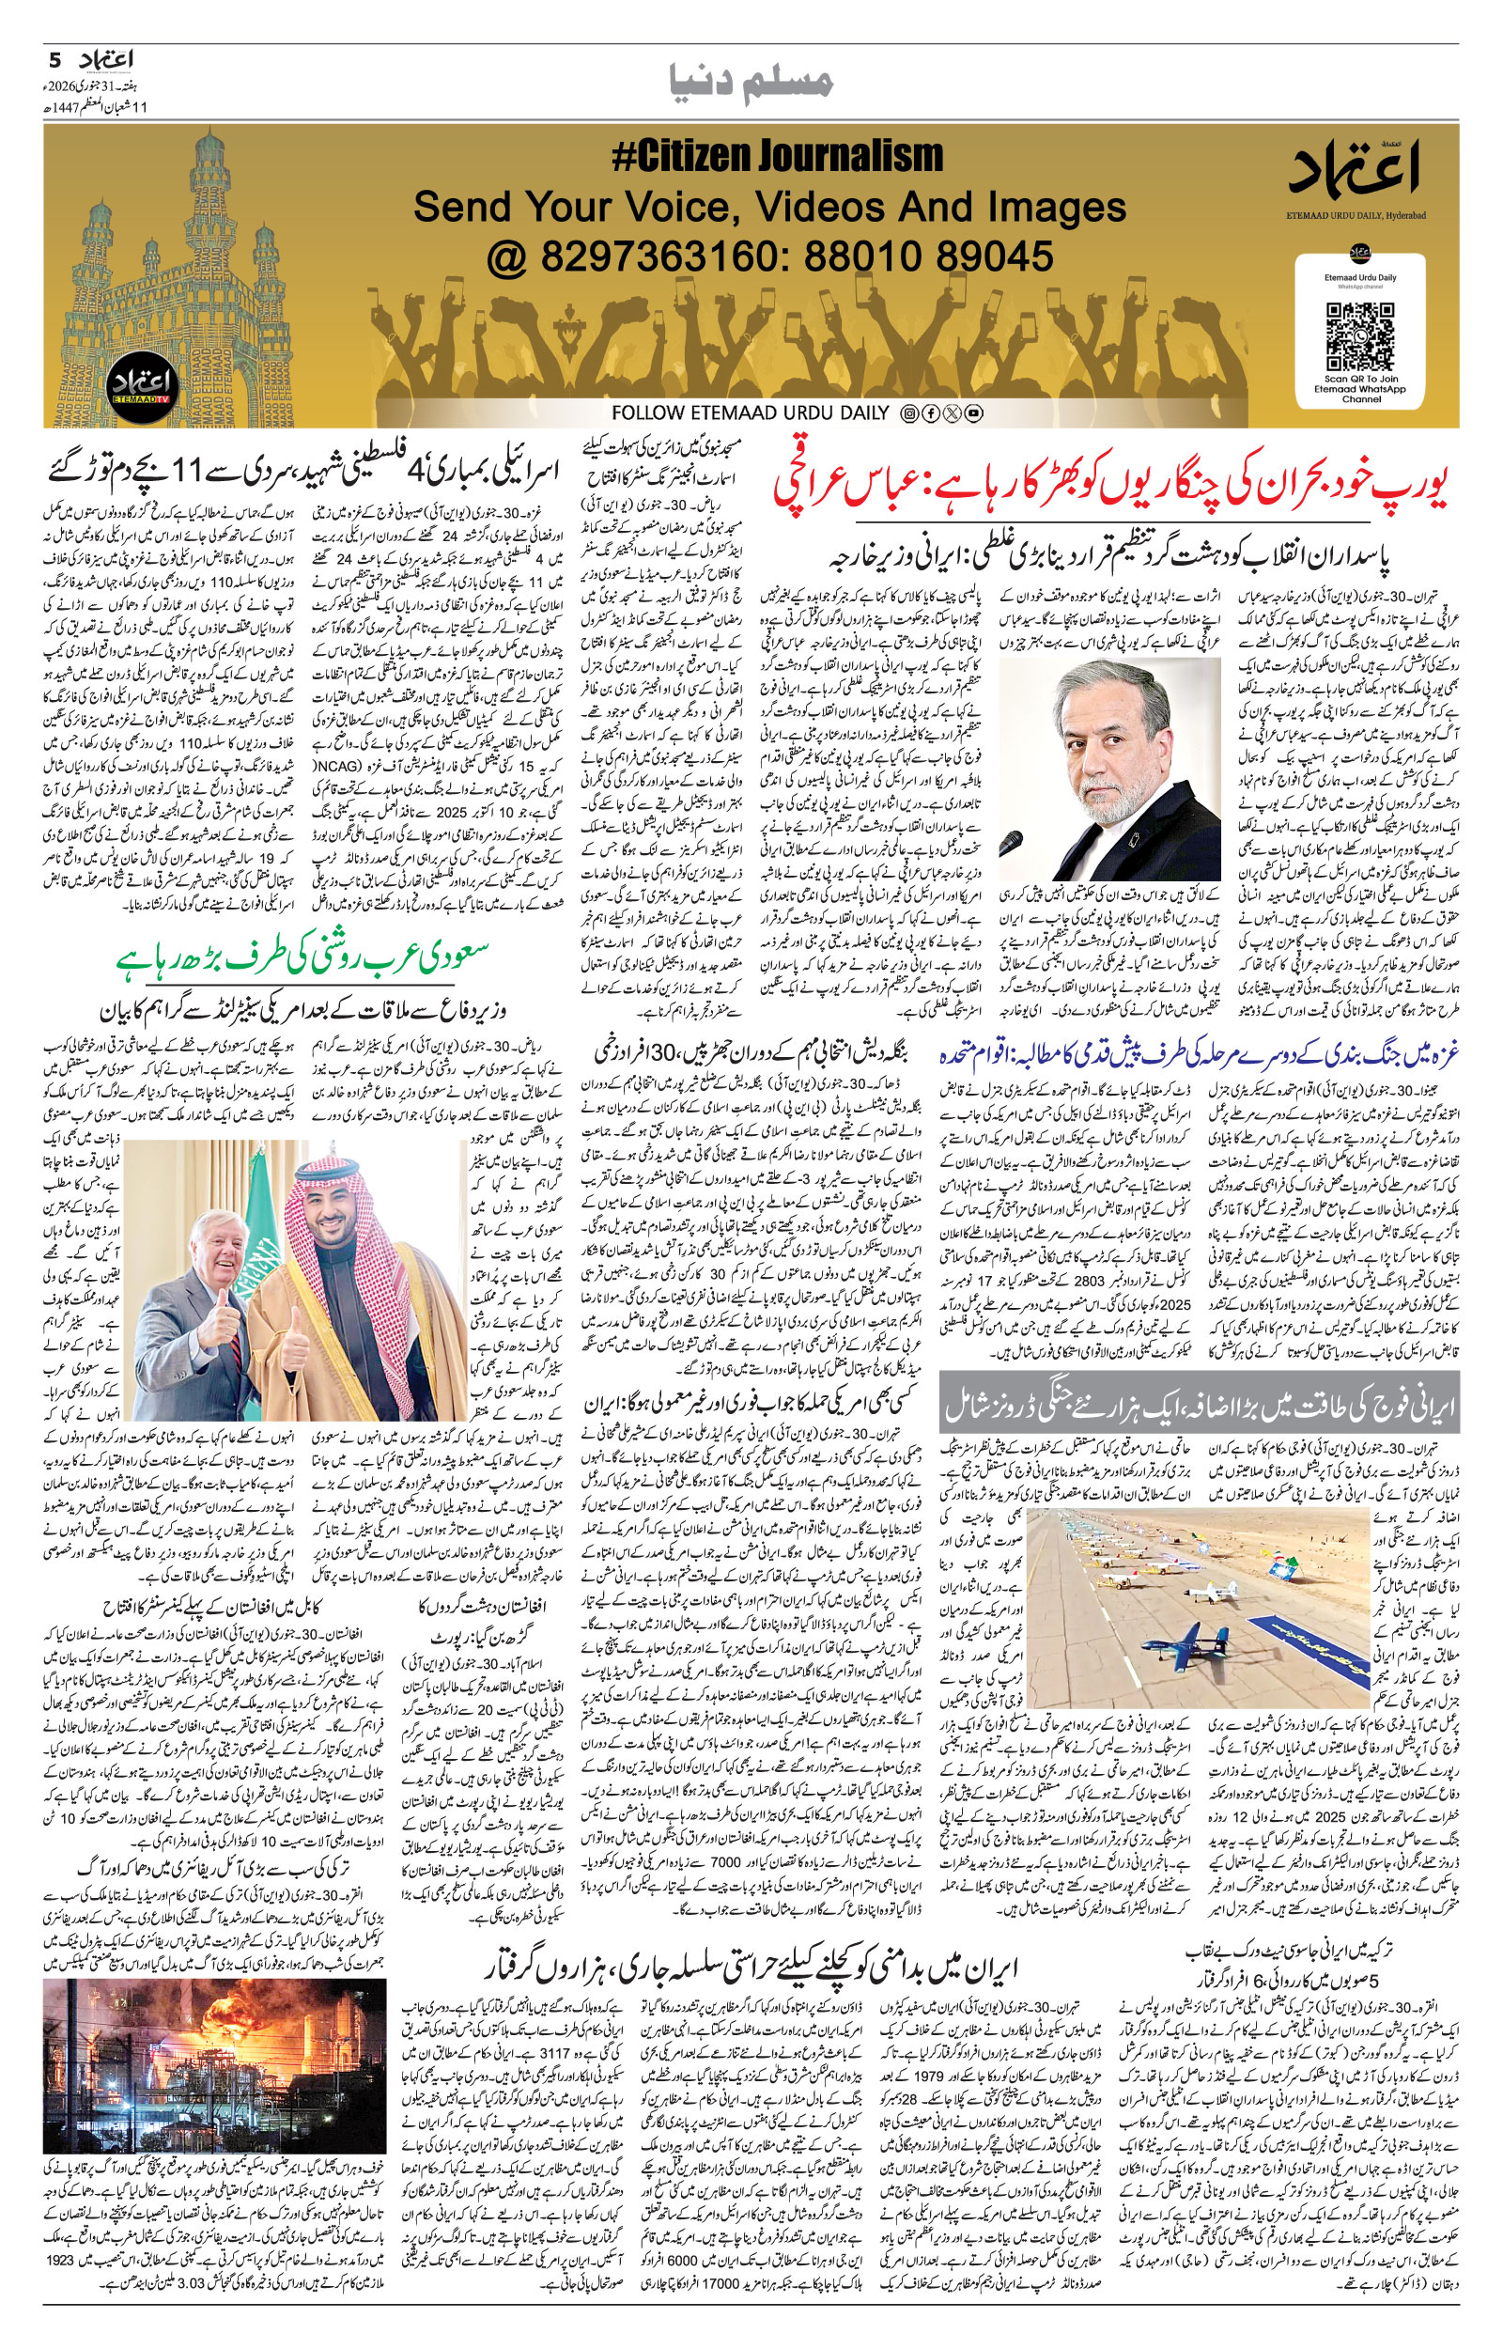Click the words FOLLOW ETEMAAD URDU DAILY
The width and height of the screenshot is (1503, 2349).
click(751, 413)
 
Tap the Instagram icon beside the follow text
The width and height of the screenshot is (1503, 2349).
click(909, 413)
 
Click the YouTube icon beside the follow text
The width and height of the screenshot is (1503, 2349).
click(973, 413)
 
